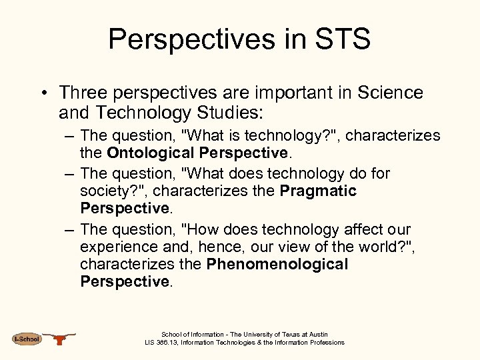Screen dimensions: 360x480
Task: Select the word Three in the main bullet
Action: click(84, 93)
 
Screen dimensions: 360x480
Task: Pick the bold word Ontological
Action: click(151, 153)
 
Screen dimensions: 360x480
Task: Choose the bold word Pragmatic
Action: click(319, 191)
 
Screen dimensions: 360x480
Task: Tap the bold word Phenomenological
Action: click(277, 264)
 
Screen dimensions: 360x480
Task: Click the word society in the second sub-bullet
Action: click(107, 191)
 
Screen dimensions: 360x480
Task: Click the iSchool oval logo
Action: click(27, 339)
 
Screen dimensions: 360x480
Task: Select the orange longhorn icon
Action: click(61, 339)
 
